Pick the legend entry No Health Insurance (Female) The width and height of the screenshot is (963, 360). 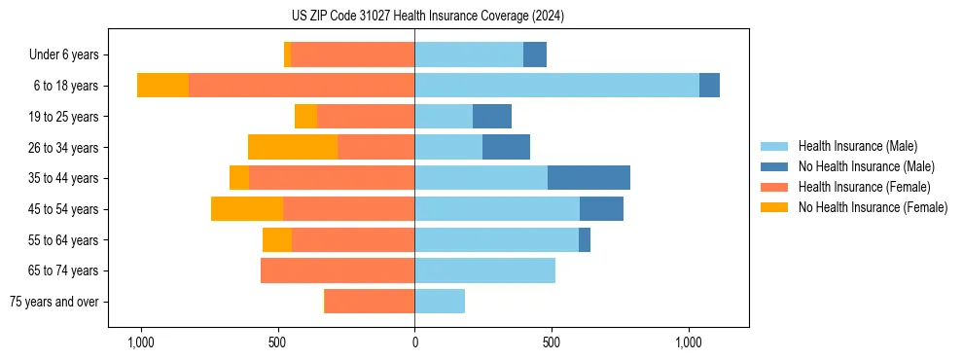[873, 207]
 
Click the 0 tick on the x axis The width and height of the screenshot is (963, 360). [414, 342]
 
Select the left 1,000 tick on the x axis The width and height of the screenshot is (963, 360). [141, 342]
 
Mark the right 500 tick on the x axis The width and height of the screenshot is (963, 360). [552, 342]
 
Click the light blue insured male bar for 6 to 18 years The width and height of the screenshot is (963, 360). [556, 86]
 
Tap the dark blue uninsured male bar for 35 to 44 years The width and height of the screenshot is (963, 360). [588, 178]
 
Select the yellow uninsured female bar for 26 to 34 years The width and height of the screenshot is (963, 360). [293, 147]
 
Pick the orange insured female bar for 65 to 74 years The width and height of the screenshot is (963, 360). [338, 270]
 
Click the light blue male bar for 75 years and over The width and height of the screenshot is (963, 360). [440, 302]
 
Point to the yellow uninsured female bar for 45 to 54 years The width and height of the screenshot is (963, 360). [247, 209]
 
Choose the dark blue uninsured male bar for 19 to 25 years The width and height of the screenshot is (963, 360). [492, 117]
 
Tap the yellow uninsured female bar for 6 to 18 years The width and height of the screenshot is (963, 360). [162, 86]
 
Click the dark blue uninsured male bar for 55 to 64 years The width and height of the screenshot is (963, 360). [585, 239]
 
